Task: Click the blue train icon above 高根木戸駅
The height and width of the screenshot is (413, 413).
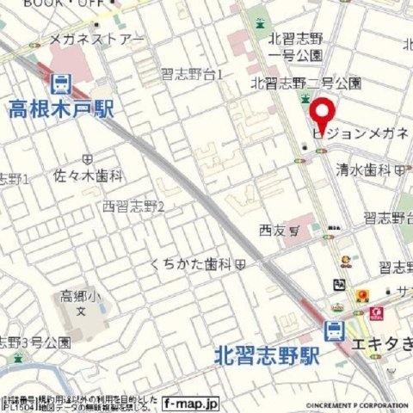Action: pyautogui.click(x=60, y=84)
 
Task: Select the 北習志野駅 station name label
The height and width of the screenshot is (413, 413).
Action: pyautogui.click(x=264, y=353)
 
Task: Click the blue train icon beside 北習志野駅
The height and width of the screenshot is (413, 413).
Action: pyautogui.click(x=333, y=330)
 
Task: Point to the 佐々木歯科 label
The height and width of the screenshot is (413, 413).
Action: pyautogui.click(x=89, y=176)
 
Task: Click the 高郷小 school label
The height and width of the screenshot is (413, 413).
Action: pyautogui.click(x=79, y=296)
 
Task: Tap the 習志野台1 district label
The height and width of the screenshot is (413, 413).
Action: pyautogui.click(x=192, y=75)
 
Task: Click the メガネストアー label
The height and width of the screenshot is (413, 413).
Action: pyautogui.click(x=96, y=40)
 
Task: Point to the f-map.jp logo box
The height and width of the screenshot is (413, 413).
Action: pyautogui.click(x=190, y=402)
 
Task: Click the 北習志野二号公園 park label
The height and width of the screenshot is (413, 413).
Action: pyautogui.click(x=306, y=83)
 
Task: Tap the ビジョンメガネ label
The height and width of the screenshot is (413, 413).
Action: pyautogui.click(x=362, y=135)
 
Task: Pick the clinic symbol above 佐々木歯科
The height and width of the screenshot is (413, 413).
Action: pyautogui.click(x=88, y=159)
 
